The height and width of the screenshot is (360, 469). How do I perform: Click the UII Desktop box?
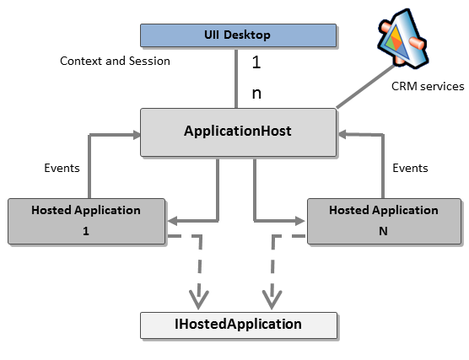pyautogui.click(x=236, y=35)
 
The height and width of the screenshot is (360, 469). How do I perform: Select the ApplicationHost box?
pyautogui.click(x=237, y=132)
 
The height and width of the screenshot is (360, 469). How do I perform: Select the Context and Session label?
pyautogui.click(x=115, y=61)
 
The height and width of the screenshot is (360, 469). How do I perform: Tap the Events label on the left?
pyautogui.click(x=62, y=168)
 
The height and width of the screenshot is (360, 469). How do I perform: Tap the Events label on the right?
pyautogui.click(x=410, y=168)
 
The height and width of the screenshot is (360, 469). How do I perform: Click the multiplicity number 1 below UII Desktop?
pyautogui.click(x=256, y=62)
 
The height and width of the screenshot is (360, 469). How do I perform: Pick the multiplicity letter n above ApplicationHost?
pyautogui.click(x=256, y=93)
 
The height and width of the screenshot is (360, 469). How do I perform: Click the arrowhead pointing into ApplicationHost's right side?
pyautogui.click(x=341, y=132)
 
